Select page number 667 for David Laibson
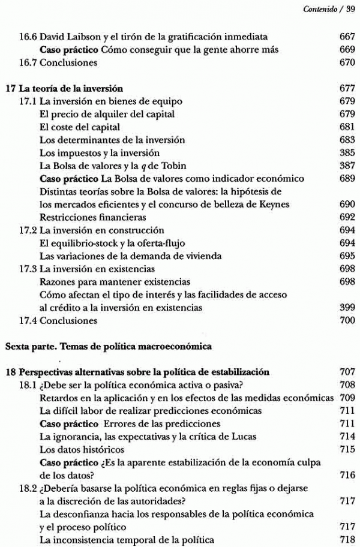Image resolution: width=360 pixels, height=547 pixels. click(347, 37)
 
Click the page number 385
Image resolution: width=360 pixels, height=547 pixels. click(347, 153)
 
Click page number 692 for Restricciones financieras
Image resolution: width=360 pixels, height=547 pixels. click(347, 217)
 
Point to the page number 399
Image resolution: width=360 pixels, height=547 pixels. click(347, 308)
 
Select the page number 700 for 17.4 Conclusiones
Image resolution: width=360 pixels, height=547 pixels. click(347, 320)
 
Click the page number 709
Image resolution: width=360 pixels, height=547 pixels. click(347, 398)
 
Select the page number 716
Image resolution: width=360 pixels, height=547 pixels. click(347, 474)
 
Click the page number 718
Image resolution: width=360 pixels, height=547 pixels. click(347, 539)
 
